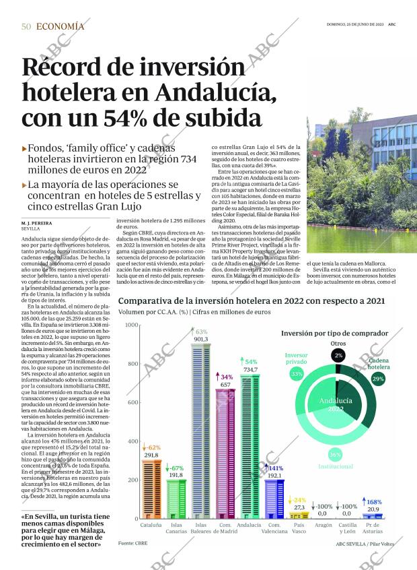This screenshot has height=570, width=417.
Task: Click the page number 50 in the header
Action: coord(26,26)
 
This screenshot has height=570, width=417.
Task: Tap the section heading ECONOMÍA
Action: coord(60,26)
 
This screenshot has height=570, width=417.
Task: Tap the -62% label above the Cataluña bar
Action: coord(151,448)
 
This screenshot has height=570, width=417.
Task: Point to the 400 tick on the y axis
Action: coord(132,441)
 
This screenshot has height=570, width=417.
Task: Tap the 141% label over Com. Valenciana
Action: coord(276,468)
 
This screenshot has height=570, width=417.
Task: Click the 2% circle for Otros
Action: coord(338,355)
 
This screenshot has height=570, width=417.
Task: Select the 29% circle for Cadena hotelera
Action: coord(378,379)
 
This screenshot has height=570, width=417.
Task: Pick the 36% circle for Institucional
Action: coord(335,453)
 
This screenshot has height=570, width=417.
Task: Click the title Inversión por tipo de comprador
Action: coord(334,333)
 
